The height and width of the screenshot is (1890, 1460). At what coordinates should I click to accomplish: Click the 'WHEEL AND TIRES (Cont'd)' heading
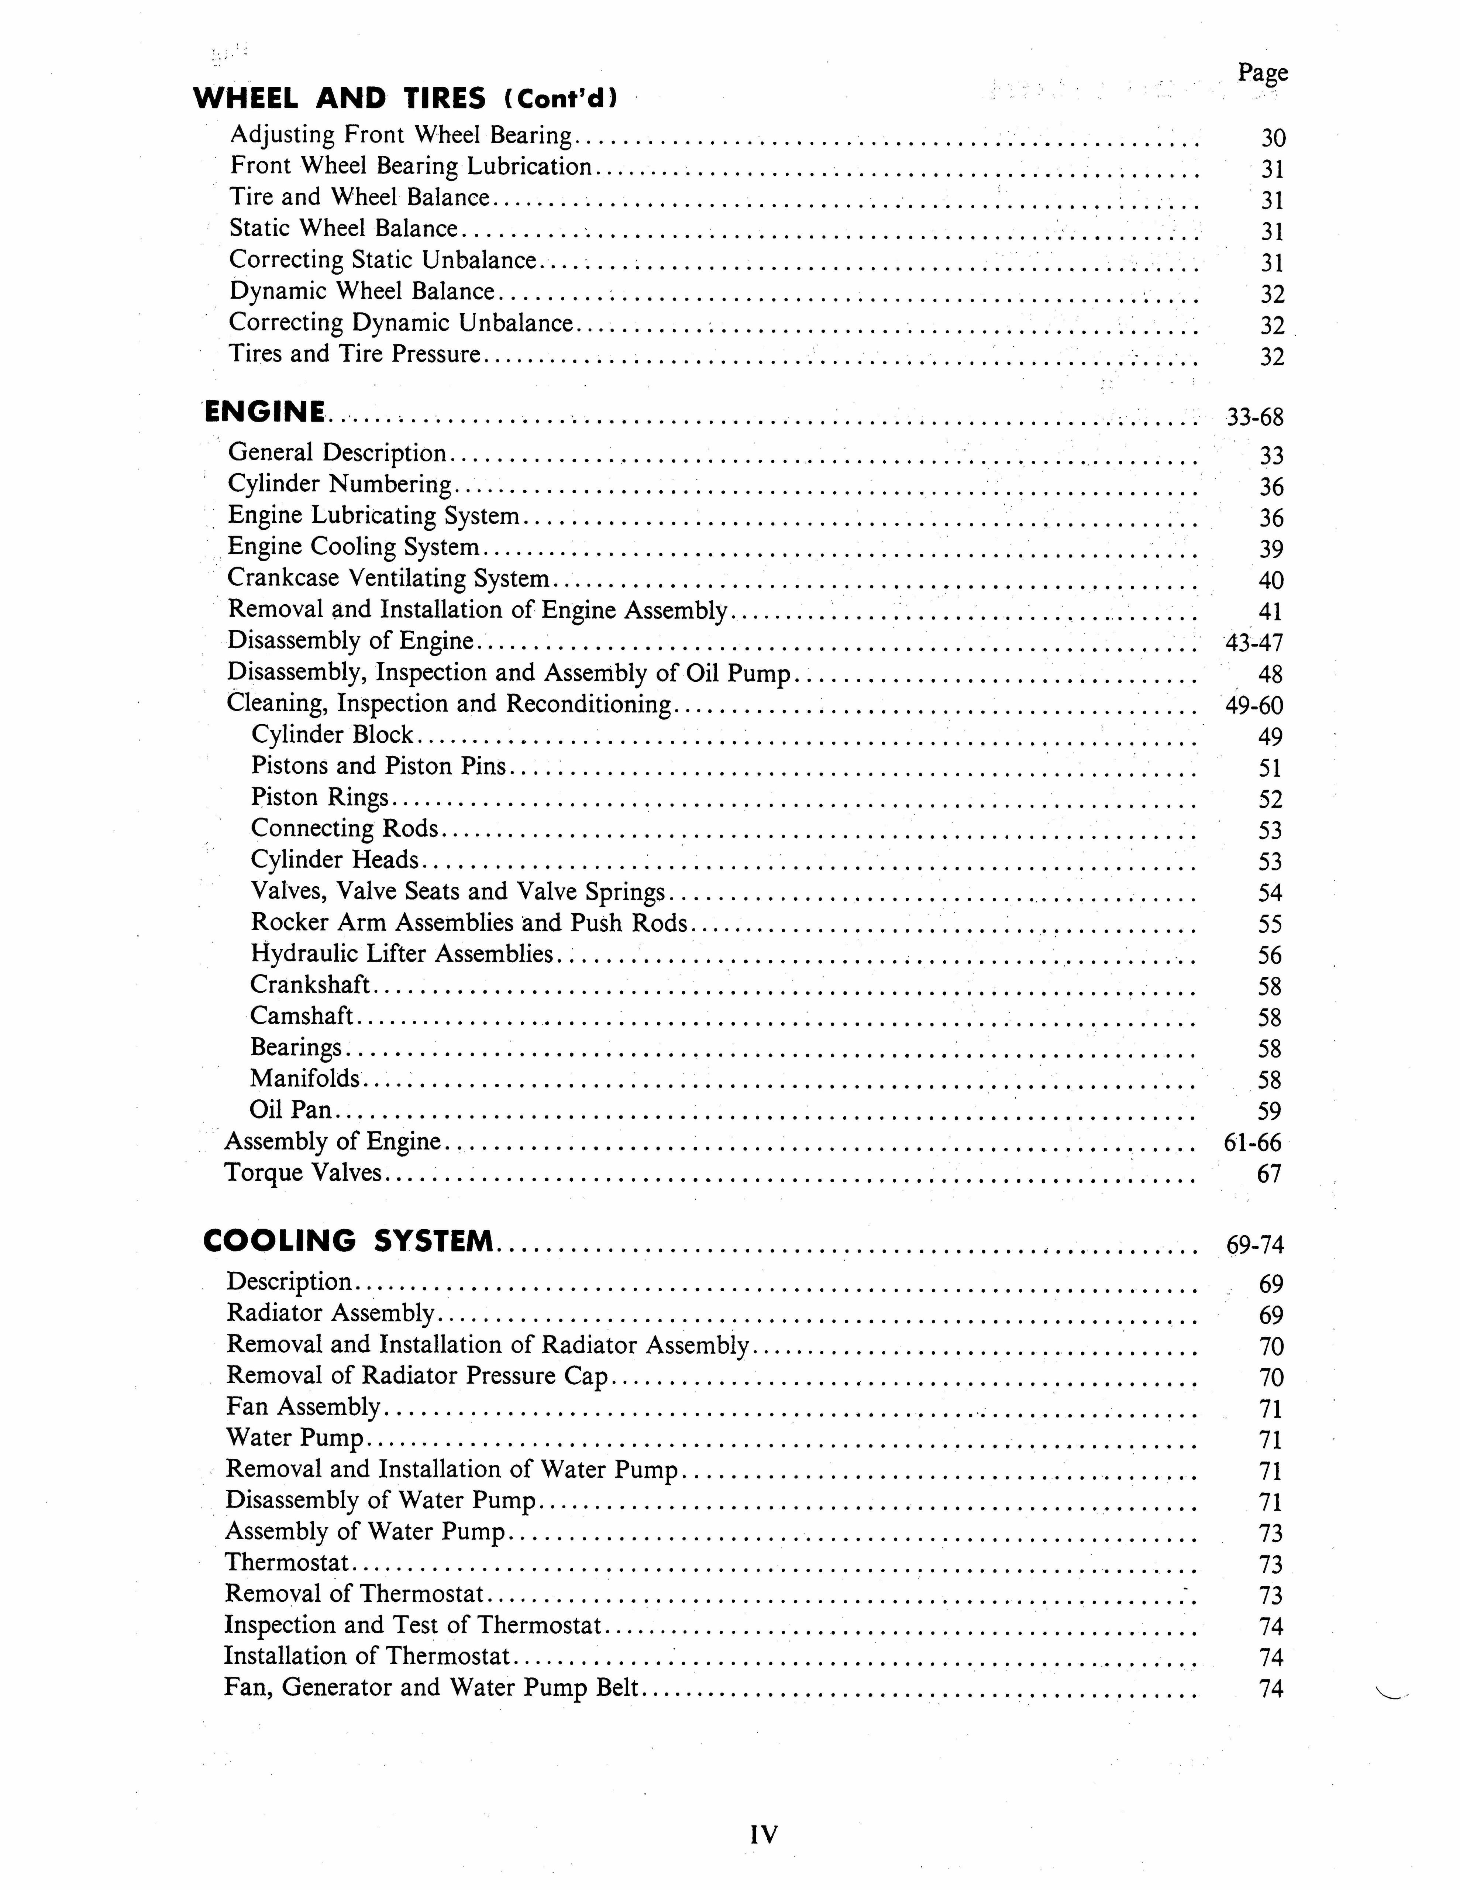coord(405,99)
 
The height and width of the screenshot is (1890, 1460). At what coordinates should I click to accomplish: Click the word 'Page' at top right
coord(1263,73)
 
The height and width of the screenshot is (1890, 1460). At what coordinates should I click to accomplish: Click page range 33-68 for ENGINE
coord(1254,418)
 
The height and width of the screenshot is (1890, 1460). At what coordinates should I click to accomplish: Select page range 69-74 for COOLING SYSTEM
coord(1254,1245)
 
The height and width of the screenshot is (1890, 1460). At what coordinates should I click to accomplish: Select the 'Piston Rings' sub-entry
coord(319,797)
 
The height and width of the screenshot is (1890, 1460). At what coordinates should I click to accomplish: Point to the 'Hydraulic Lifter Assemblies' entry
coord(402,953)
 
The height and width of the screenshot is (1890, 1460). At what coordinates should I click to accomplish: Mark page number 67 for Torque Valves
coord(1269,1174)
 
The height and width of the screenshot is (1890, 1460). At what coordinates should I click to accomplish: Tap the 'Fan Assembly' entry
coord(303,1407)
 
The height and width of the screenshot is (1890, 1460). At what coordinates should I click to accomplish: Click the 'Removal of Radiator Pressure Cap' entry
coord(417,1376)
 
